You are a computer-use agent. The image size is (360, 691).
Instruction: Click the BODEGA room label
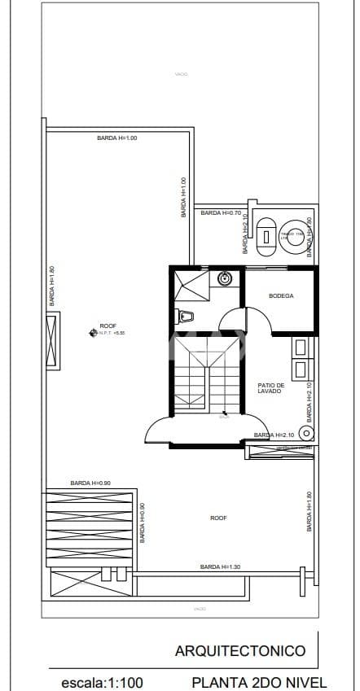coord(281,295)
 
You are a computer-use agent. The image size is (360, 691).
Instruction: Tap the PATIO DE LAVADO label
coord(270,388)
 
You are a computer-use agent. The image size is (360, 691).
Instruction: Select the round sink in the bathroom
coord(226,279)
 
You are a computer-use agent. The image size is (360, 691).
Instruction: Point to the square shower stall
coord(193,286)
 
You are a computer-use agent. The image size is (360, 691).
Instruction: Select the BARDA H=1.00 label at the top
coord(117,138)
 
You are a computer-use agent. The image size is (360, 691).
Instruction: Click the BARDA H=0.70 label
coord(222,212)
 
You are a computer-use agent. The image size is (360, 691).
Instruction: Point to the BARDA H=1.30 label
coord(220,566)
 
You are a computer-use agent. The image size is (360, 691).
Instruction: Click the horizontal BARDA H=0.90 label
coord(90,483)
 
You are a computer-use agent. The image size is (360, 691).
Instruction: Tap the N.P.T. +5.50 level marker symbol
coord(92,331)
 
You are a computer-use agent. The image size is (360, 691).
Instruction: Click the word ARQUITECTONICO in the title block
coord(240,650)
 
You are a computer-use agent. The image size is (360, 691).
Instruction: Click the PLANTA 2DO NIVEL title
coord(259,682)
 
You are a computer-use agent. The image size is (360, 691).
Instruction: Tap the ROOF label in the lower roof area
coord(218,518)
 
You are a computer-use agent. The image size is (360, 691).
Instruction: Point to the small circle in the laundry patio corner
coord(307,433)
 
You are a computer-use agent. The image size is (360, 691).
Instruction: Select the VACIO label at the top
coord(181,74)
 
